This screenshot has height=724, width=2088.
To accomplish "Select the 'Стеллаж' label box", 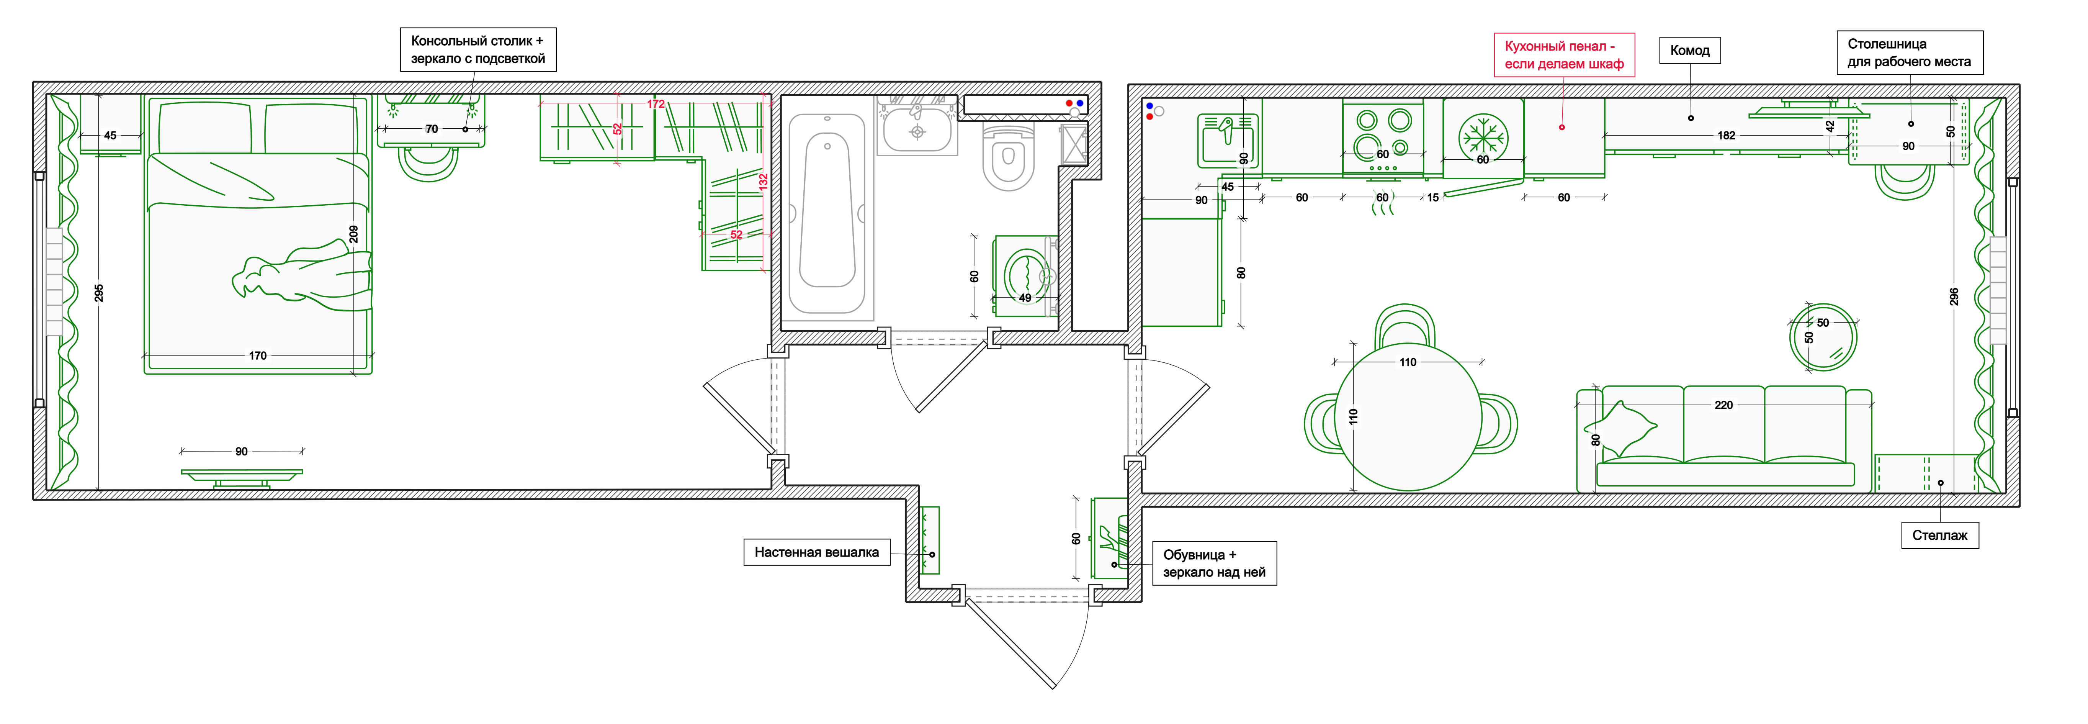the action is [1940, 535].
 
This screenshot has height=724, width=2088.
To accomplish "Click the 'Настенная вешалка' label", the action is [816, 552].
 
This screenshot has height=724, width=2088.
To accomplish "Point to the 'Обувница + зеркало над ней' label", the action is [1214, 563].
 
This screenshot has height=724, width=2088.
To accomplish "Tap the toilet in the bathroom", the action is [1008, 156].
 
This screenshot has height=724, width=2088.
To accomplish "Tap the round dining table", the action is [1408, 418].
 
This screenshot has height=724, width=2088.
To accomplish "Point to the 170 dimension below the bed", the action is [258, 355].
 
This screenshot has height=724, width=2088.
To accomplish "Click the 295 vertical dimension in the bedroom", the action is [99, 293].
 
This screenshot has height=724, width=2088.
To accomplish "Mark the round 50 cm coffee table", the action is [1823, 336].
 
